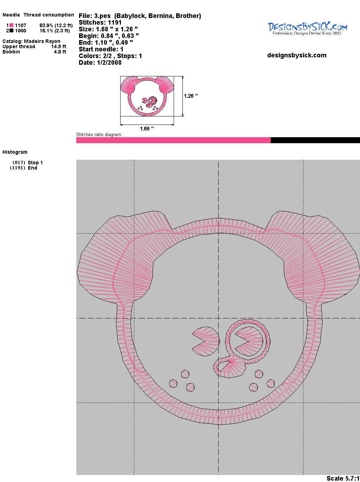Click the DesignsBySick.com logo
(307, 28)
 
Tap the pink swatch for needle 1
(11, 25)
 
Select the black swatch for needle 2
(11, 31)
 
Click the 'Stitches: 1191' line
(100, 23)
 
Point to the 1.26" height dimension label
(191, 96)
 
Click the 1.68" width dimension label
(147, 128)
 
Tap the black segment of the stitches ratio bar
(315, 140)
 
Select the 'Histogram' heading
(15, 152)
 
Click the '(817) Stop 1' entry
(28, 163)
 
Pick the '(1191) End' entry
(24, 168)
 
